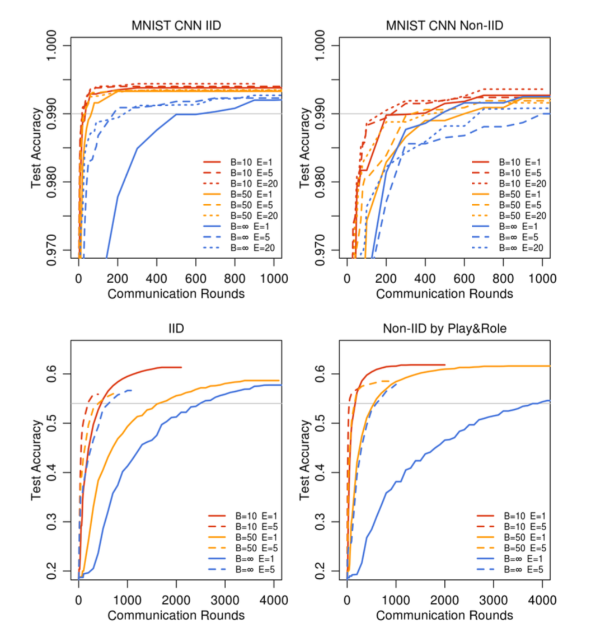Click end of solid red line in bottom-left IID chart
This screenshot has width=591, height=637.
point(181,367)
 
